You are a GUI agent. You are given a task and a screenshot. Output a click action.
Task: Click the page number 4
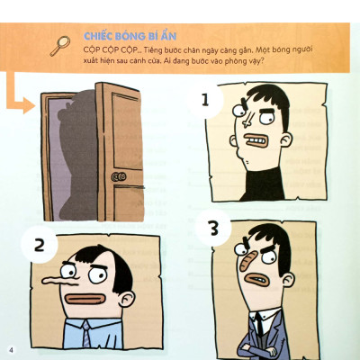[x=11, y=349]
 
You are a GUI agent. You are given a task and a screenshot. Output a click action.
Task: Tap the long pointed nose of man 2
[x=54, y=290]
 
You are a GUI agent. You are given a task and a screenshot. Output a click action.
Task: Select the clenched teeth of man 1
[x=256, y=143]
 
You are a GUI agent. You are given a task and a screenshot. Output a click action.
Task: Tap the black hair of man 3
[x=270, y=235]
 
